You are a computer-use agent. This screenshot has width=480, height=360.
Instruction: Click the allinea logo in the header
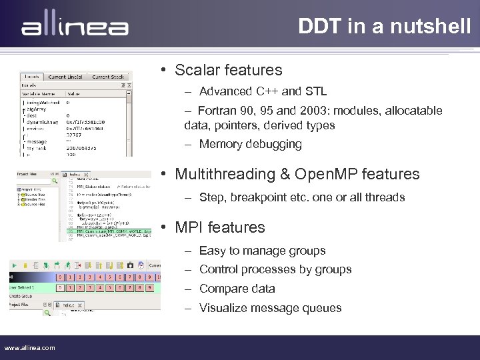click(x=75, y=26)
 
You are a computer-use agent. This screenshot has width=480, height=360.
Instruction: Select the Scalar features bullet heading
click(x=228, y=70)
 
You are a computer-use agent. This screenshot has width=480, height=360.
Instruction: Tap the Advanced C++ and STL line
click(x=263, y=91)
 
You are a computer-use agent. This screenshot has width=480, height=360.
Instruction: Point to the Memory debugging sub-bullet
click(x=250, y=144)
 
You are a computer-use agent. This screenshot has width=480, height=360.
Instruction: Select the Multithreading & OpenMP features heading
click(x=297, y=175)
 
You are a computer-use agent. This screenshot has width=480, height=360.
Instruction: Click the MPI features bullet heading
click(x=219, y=227)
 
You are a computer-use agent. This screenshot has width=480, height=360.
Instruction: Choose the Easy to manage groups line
click(x=262, y=251)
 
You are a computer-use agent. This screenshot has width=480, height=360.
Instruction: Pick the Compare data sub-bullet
click(x=237, y=289)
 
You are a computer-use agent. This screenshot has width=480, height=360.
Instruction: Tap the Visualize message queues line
click(x=270, y=308)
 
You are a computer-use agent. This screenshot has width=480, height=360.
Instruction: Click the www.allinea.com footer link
click(x=30, y=347)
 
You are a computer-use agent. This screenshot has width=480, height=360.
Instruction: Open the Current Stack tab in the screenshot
click(x=107, y=77)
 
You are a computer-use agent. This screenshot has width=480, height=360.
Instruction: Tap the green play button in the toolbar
click(x=15, y=265)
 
